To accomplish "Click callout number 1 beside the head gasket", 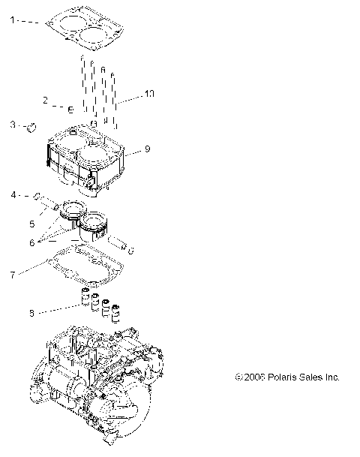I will point(12,22).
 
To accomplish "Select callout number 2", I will point(46,100).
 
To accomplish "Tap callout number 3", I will point(12,124).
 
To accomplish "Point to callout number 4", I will point(13,195).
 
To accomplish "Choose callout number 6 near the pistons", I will point(32,243).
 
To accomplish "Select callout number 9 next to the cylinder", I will point(148,149).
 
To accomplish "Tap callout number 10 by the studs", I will point(149,94).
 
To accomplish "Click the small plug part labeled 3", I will point(32,128).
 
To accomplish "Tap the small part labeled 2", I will point(69,110).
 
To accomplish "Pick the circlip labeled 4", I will point(37,197).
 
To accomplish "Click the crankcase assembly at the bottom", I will point(97,383).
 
